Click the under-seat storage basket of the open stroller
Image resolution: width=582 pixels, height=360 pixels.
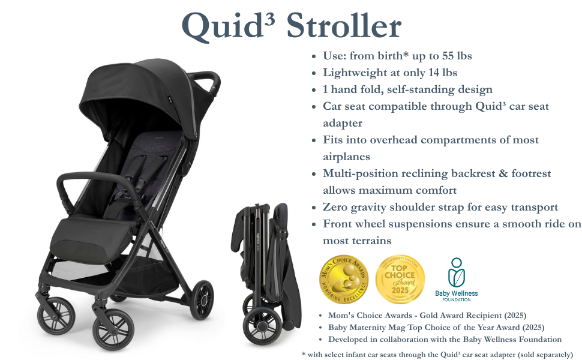[x=156, y=264]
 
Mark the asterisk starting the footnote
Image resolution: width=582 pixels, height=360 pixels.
[x=304, y=354]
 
